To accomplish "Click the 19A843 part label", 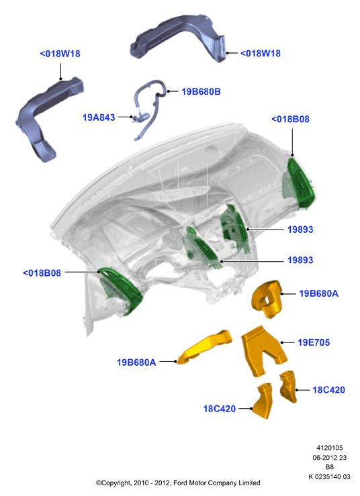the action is point(99,117).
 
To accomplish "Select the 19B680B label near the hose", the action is point(201,92).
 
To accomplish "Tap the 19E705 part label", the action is point(314,342).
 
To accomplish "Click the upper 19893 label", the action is point(300,230).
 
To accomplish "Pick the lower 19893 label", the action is point(300,260).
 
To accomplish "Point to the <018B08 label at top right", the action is point(290,119).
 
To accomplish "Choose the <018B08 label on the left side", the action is point(42,272).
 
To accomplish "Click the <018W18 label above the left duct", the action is point(60,54).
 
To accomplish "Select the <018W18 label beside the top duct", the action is point(261,53).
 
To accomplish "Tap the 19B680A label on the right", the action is point(319,293).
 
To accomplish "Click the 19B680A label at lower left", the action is point(136,362).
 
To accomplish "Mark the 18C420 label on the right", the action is point(328,390).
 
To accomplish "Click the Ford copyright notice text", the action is point(178,483).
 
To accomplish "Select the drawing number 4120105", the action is point(330,448).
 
